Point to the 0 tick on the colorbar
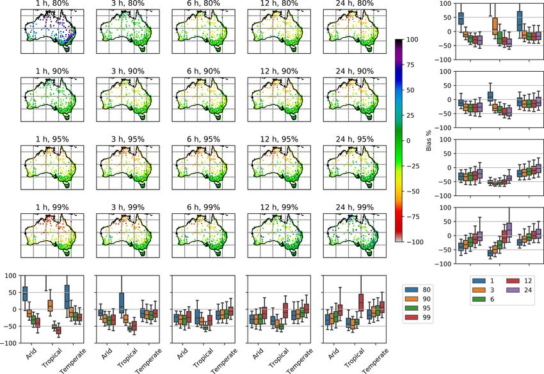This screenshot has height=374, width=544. click(408, 141)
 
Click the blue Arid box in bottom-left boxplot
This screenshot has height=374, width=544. click(25, 293)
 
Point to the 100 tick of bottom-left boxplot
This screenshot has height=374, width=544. click(11, 275)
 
